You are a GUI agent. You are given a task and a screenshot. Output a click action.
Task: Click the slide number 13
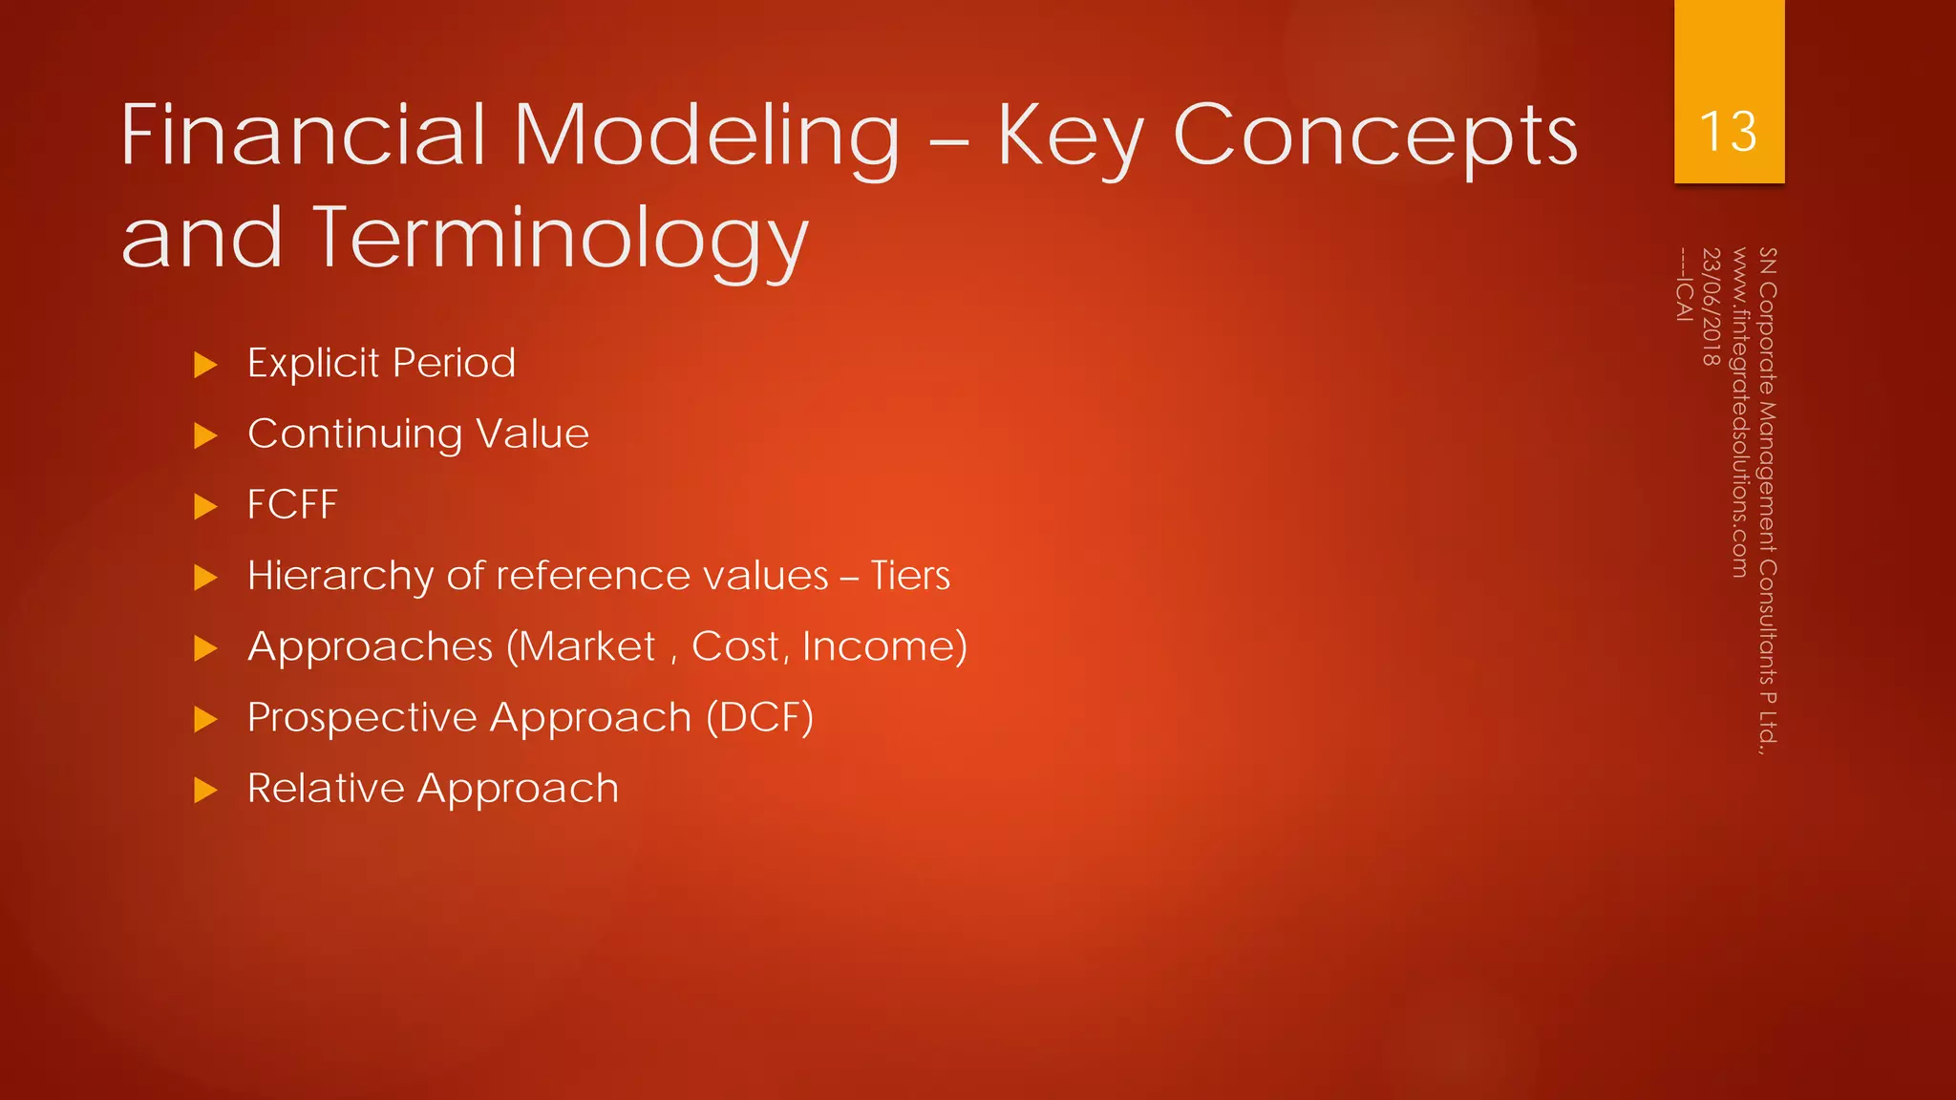pos(1729,132)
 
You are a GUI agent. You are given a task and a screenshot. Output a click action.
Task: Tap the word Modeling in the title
pos(707,137)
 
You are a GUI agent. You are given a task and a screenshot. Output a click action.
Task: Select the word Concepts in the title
pos(1374,137)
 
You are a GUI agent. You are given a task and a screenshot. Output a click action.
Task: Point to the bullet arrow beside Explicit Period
pos(205,365)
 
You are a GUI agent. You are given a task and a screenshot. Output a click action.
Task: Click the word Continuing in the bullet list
pos(354,434)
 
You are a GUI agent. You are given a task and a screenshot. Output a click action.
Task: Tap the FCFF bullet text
pos(292,505)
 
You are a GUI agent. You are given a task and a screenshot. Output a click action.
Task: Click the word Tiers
pos(910,576)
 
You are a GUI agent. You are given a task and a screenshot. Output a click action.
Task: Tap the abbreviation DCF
pos(759,717)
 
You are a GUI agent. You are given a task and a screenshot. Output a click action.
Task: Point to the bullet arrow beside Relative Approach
pos(205,791)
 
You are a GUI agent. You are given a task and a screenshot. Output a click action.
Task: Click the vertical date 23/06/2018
pos(1711,307)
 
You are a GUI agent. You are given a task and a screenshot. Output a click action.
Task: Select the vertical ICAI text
pos(1684,297)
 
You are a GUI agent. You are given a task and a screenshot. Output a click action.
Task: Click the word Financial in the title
pos(305,137)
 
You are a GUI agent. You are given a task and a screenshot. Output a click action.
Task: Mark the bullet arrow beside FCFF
pos(205,506)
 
